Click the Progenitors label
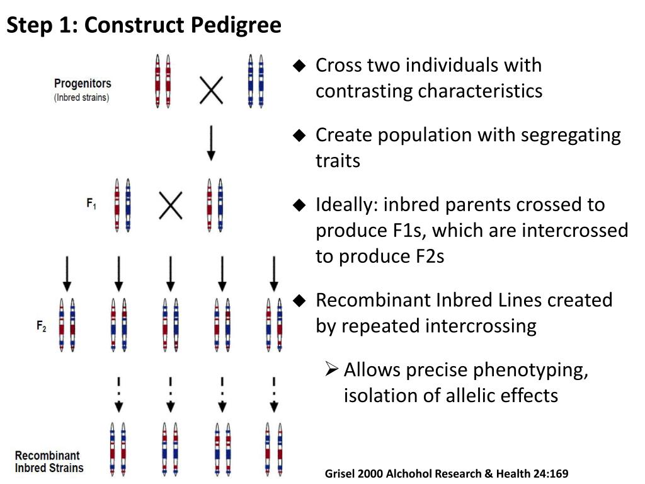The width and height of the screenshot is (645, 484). coord(83,83)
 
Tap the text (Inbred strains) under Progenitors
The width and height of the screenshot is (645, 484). coord(81,98)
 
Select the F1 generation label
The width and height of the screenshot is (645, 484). coord(91,204)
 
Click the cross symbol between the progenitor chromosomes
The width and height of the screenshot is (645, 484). coord(211,90)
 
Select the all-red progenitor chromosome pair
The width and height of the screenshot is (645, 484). coord(163,81)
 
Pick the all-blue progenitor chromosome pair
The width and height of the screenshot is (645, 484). coord(256,81)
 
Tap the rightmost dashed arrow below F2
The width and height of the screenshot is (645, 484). coord(274,394)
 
